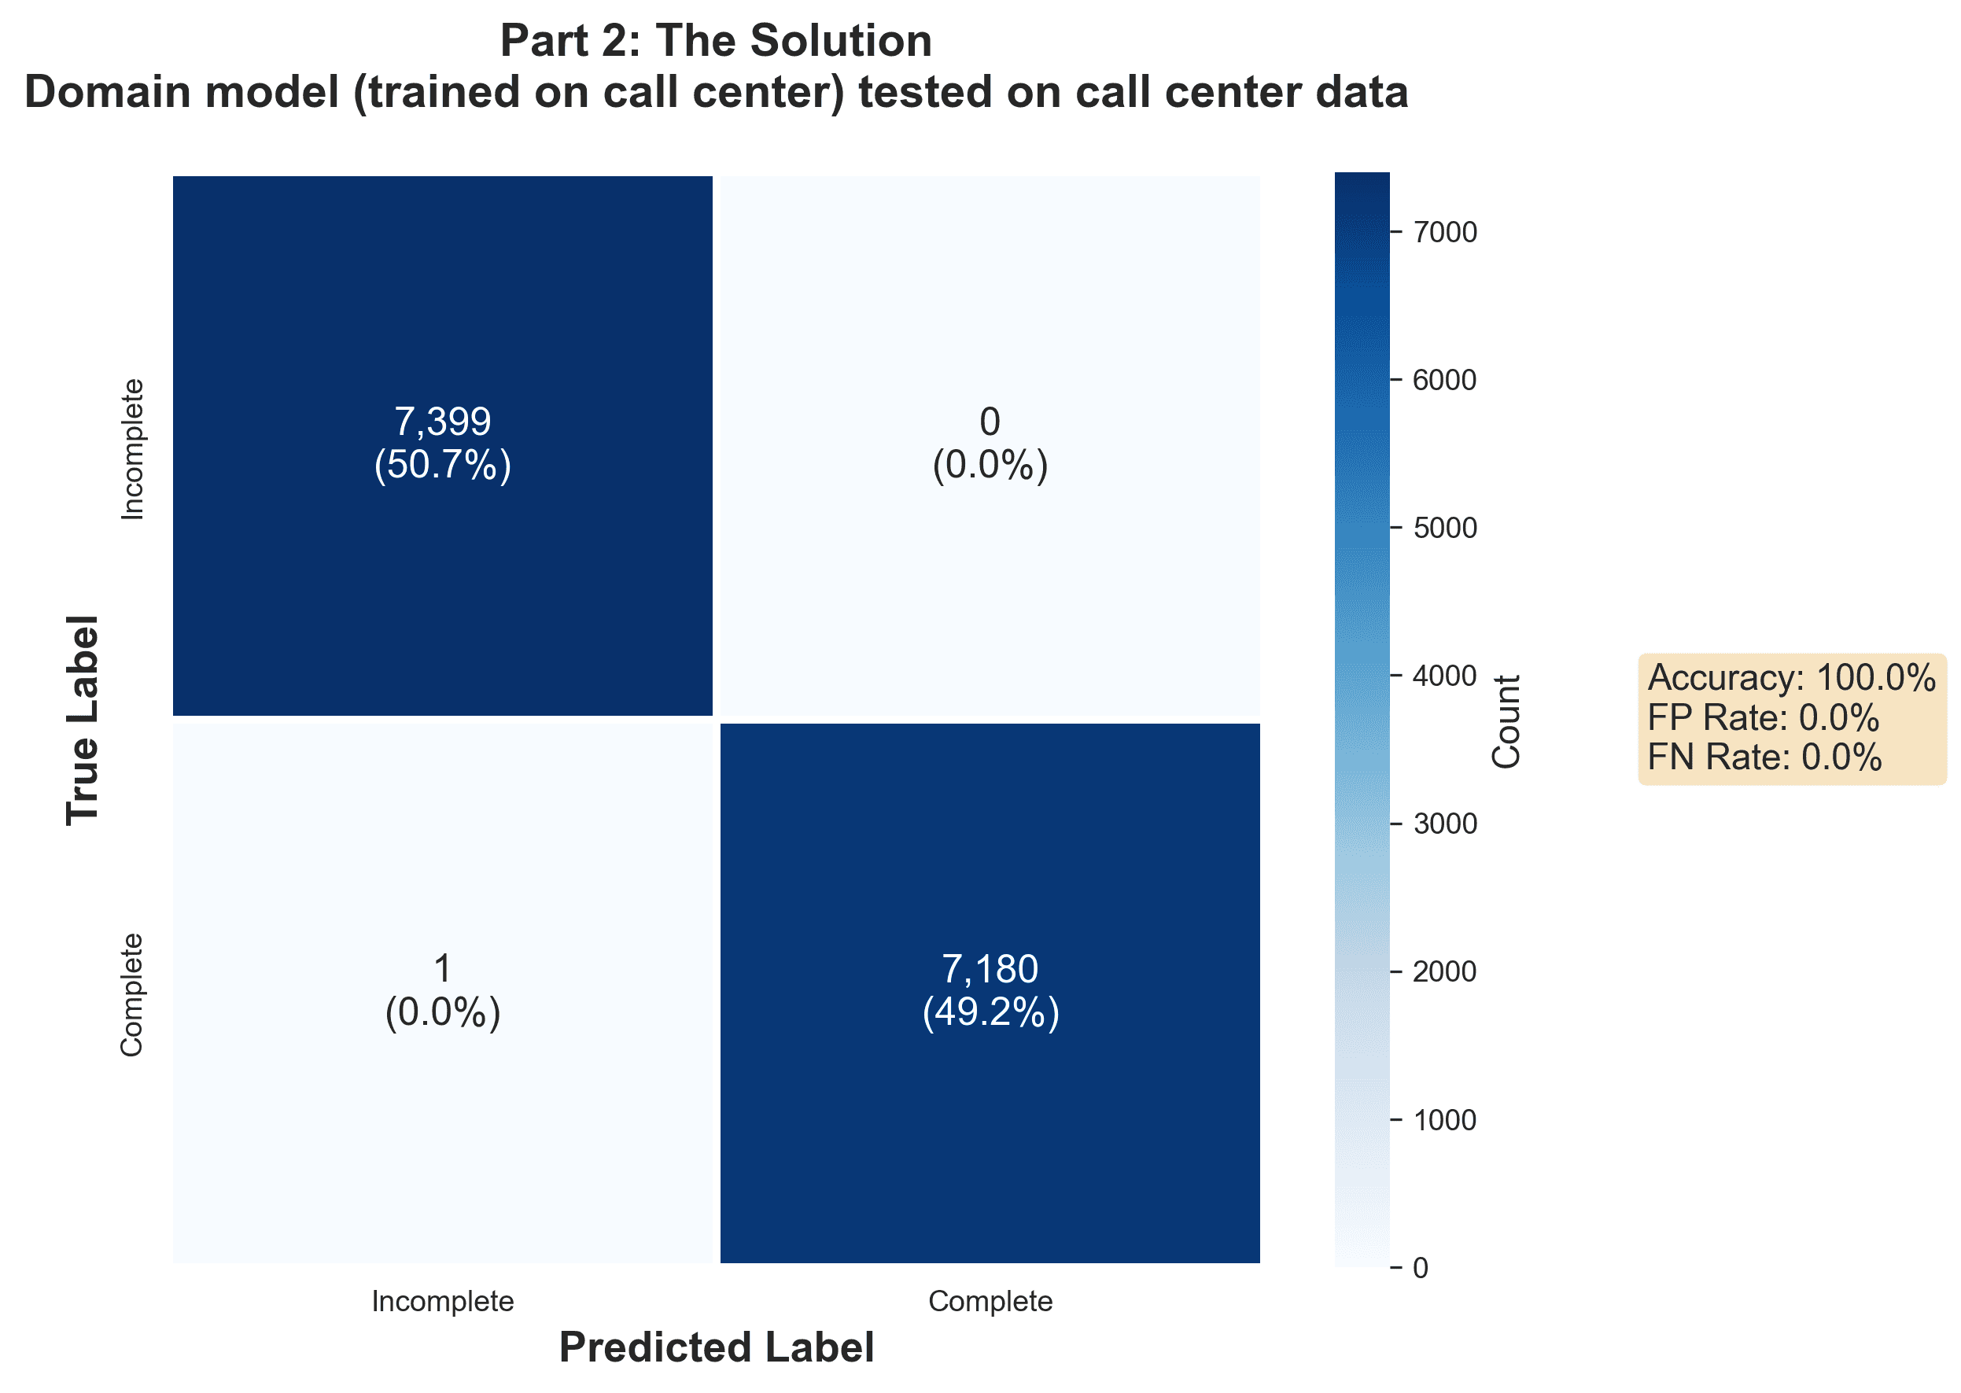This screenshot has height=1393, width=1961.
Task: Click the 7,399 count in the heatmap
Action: click(442, 421)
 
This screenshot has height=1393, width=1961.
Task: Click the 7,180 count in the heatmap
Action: click(990, 968)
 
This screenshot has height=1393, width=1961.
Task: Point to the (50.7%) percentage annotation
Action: click(442, 465)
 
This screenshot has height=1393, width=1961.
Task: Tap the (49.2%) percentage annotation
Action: click(990, 1012)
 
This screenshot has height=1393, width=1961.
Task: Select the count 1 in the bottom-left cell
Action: click(442, 968)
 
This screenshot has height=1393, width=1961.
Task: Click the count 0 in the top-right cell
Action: click(990, 421)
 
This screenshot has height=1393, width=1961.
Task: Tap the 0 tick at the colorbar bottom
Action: click(1421, 1268)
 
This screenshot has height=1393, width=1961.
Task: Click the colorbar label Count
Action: click(1506, 721)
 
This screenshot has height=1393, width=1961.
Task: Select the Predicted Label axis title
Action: click(717, 1347)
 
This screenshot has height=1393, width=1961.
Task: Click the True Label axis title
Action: click(83, 720)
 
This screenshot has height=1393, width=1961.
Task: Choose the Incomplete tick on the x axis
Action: click(442, 1301)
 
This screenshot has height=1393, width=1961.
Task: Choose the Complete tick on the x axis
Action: click(990, 1301)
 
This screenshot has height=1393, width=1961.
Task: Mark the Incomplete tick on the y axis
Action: click(132, 448)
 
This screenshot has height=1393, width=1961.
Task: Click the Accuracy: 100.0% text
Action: click(1791, 678)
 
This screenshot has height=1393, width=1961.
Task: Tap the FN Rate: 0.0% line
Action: click(1764, 757)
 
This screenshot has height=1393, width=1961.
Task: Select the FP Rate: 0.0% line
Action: click(1763, 717)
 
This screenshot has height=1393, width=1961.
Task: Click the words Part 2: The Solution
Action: click(716, 40)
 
